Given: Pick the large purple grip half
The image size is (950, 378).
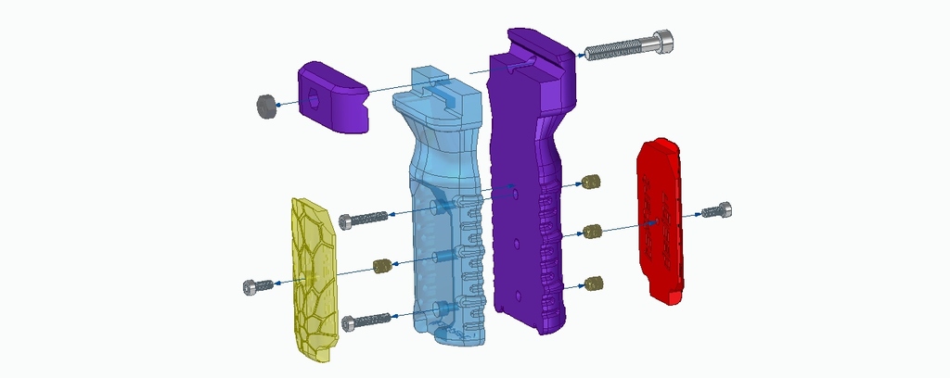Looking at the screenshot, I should [529, 185].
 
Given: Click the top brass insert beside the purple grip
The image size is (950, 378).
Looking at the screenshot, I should [590, 182].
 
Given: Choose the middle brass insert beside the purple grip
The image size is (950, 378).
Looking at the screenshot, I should [590, 231].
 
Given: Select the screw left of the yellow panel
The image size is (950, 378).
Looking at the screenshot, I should [256, 286].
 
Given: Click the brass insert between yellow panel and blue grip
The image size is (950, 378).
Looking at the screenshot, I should [380, 267].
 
